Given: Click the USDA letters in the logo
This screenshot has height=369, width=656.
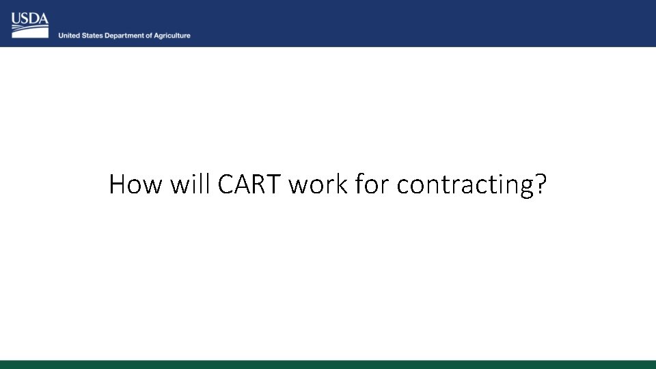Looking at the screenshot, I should click(30, 18).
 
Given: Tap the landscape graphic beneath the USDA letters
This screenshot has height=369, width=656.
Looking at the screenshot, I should click(30, 31).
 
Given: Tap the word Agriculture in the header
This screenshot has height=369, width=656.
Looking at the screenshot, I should click(172, 36).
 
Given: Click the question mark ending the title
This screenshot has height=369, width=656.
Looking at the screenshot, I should click(540, 184).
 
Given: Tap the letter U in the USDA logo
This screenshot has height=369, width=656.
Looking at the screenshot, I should click(16, 18).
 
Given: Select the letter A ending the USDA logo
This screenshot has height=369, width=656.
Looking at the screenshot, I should click(43, 18).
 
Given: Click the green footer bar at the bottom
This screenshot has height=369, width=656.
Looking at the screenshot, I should click(328, 364).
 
